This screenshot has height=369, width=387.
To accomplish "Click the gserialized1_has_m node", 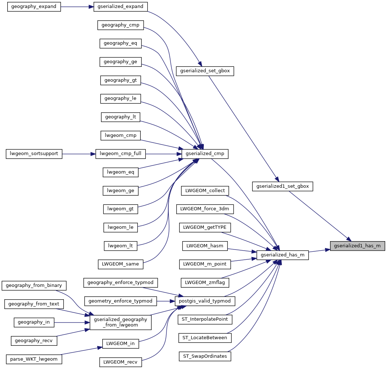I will (357, 246).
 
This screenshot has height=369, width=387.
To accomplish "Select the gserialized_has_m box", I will (282, 255).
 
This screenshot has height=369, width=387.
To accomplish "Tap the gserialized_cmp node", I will (205, 154).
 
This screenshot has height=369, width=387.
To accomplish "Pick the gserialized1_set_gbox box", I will (282, 186).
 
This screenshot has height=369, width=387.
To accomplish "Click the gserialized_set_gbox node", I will (205, 71).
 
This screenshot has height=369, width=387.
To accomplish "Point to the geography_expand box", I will (34, 7).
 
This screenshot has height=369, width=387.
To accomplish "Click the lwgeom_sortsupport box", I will (34, 154).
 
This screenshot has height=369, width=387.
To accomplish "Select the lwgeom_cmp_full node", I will (120, 154).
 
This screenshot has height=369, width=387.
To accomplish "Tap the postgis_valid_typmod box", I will (205, 301).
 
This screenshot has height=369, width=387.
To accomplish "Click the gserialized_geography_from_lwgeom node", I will (120, 322).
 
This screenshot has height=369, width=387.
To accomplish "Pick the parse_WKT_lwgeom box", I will (34, 359).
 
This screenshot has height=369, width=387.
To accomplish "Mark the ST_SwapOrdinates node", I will (205, 356).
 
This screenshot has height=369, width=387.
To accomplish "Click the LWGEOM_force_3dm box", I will (205, 209).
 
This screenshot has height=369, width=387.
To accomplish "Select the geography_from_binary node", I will (34, 285).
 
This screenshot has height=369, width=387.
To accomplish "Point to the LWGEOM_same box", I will (120, 264).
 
